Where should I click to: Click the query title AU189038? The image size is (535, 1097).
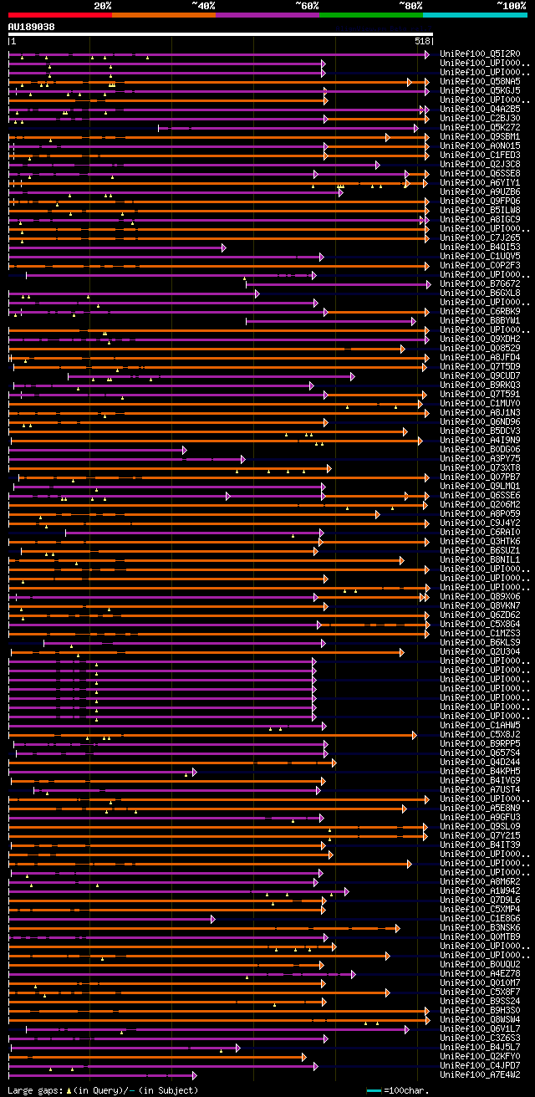(x=32, y=27)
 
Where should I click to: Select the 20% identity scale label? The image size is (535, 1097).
(x=102, y=6)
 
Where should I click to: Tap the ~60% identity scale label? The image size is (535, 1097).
(x=307, y=6)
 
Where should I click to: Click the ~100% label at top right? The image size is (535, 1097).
(x=511, y=6)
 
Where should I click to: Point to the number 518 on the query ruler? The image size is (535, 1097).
(x=422, y=41)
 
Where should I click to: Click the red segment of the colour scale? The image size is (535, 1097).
(x=59, y=15)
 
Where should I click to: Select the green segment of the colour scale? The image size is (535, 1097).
(x=370, y=15)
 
